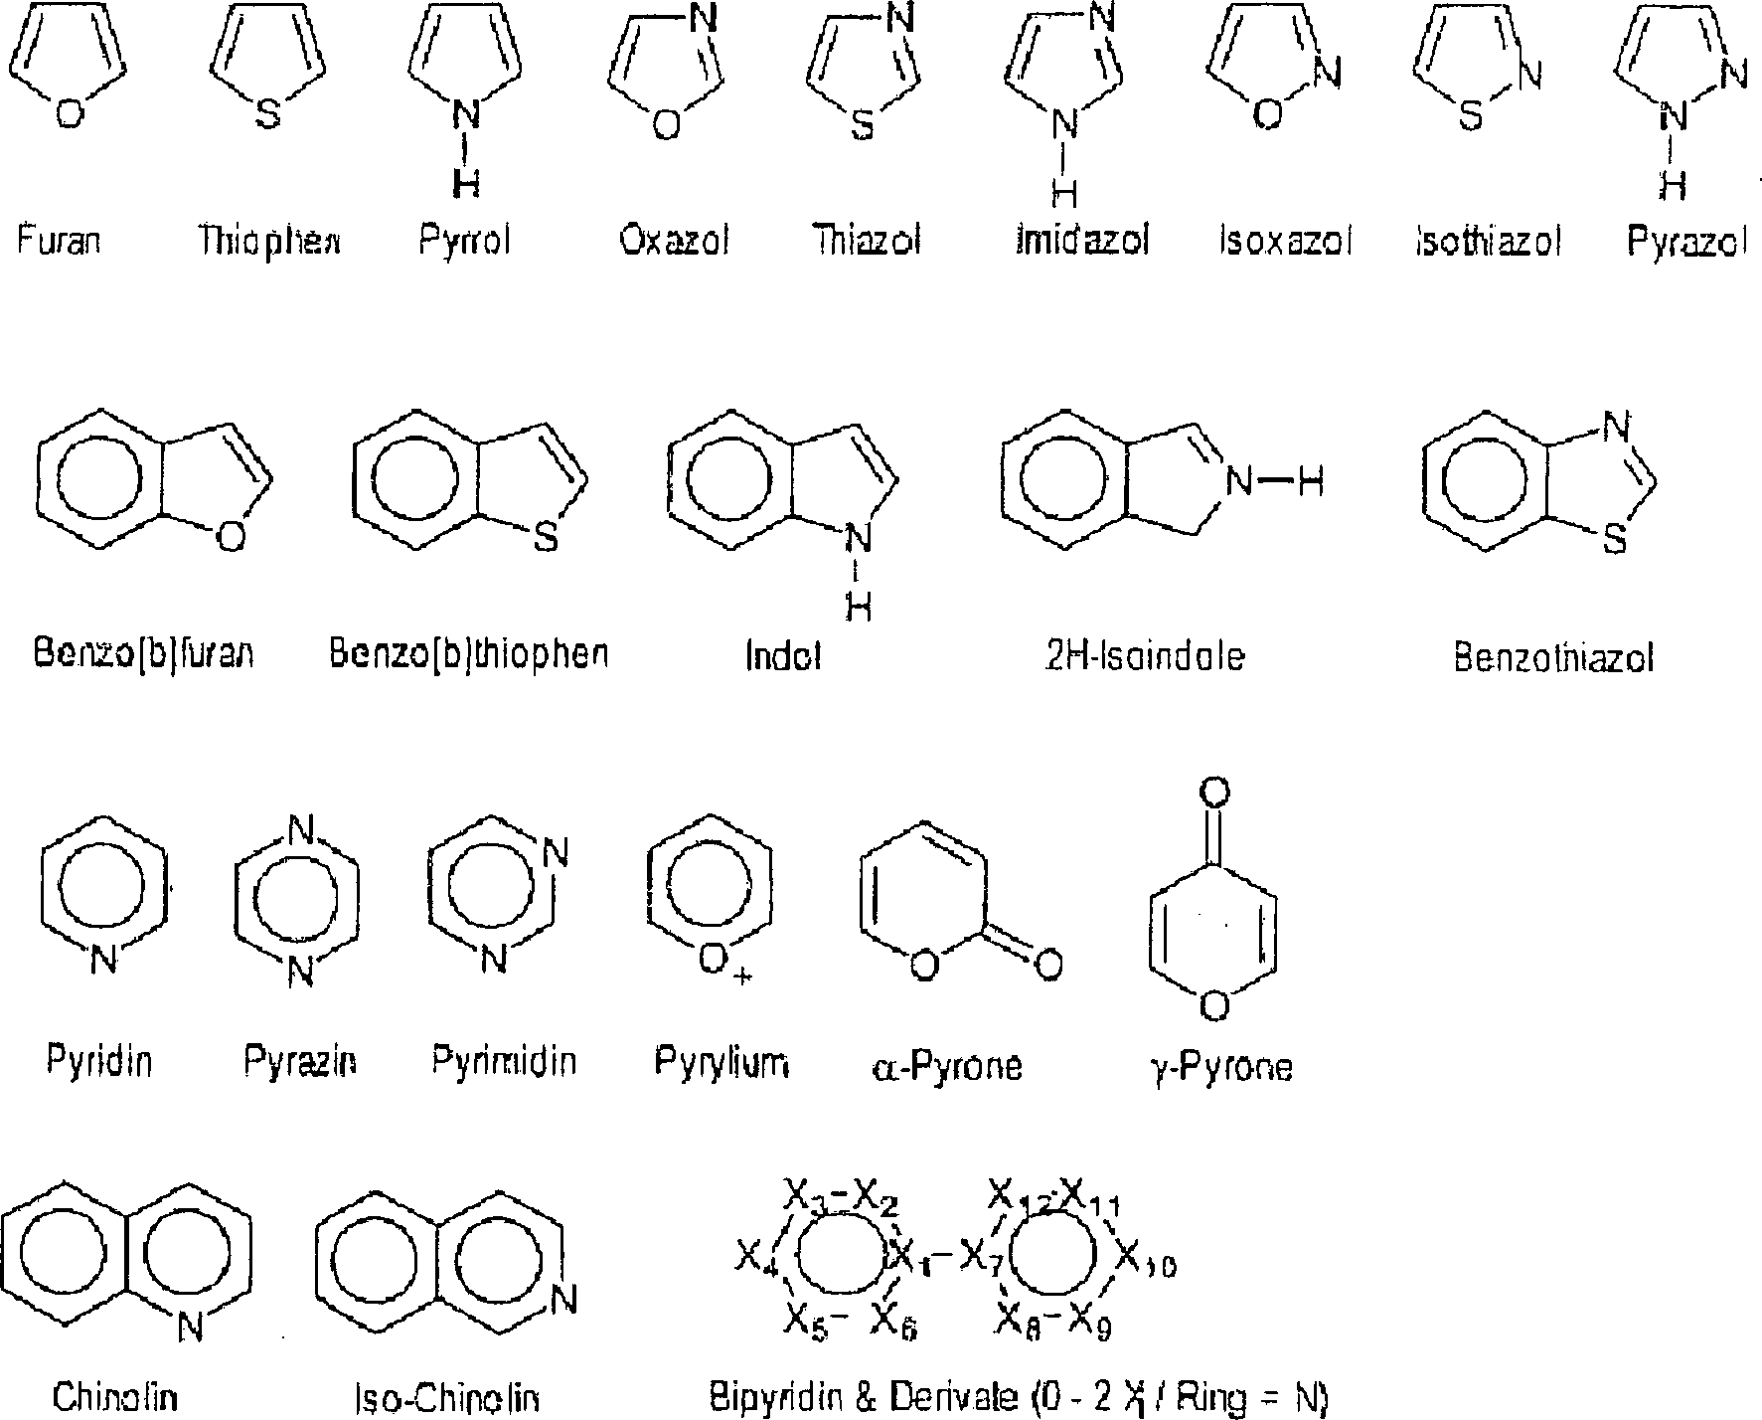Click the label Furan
click(59, 240)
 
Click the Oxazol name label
click(674, 241)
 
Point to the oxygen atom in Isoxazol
click(1267, 115)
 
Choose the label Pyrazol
click(1686, 242)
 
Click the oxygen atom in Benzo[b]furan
click(230, 538)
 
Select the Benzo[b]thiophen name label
click(468, 653)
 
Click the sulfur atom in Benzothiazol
click(1615, 540)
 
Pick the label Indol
click(783, 657)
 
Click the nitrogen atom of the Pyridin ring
click(103, 960)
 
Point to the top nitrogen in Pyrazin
click(299, 828)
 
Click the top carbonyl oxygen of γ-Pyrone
click(1214, 793)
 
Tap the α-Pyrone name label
click(945, 1066)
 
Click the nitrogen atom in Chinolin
click(190, 1328)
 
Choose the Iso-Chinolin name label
click(447, 1399)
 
